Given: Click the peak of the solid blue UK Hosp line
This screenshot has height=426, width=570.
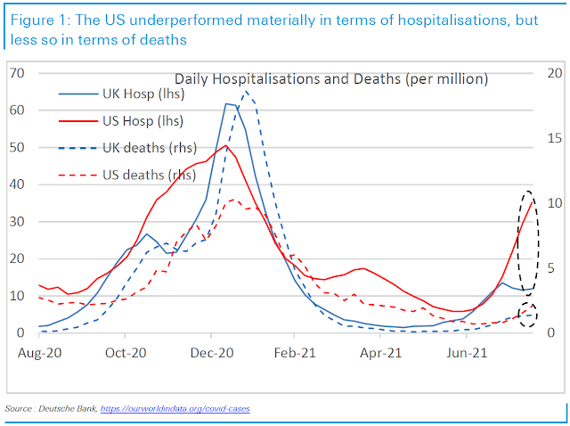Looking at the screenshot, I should pos(228,103).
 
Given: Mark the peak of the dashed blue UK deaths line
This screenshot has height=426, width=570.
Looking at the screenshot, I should pos(246,91).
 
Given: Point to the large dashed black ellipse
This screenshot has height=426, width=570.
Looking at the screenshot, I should pos(527,242).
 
